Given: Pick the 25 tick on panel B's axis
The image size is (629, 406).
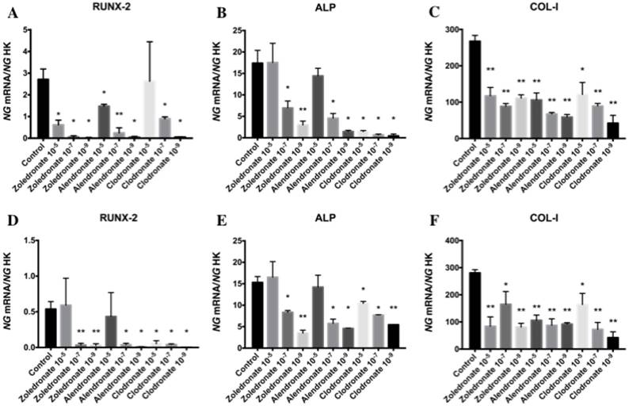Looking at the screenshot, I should (239, 29).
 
